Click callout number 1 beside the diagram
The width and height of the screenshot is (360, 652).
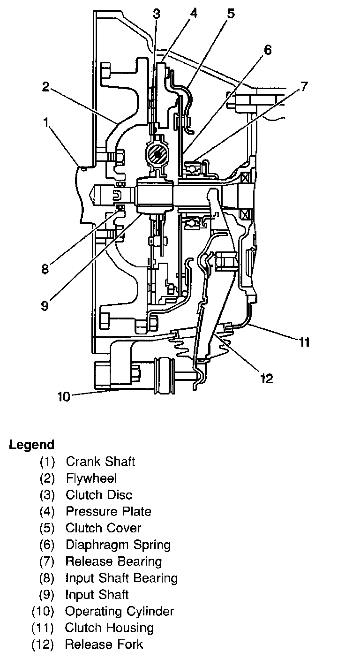coord(46,123)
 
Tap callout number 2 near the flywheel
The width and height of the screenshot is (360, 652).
coord(45,88)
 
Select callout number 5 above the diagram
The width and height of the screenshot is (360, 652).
coord(231,13)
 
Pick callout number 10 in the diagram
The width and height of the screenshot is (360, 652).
coord(64,397)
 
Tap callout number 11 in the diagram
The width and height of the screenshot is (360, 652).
coord(304,343)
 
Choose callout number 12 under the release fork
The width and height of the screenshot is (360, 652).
coord(266,378)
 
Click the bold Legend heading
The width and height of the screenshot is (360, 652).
coord(31,444)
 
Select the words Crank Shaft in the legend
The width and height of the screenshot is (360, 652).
coord(100,462)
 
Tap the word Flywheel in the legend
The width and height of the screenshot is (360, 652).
coord(91,478)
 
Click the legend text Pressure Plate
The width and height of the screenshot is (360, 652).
coord(108,511)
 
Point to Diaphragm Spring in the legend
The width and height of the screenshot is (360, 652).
coord(118,545)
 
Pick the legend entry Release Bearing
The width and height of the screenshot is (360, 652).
coord(113,561)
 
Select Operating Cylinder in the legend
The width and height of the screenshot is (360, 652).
coord(120,611)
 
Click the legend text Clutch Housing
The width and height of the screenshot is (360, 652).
coord(109,628)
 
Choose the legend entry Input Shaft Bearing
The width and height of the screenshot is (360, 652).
coord(121,578)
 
